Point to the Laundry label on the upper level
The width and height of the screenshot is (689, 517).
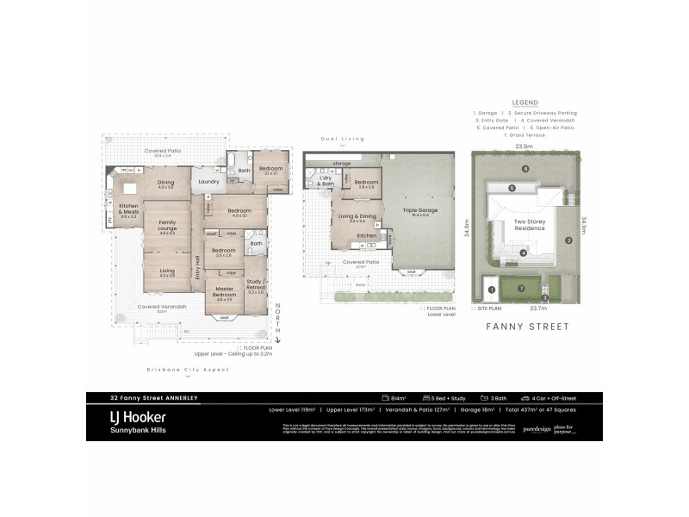208,182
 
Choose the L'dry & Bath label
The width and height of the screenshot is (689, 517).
326,183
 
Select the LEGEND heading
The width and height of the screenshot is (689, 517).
525,101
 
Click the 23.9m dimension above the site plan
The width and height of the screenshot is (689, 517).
523,146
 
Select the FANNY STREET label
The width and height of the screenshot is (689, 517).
525,327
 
